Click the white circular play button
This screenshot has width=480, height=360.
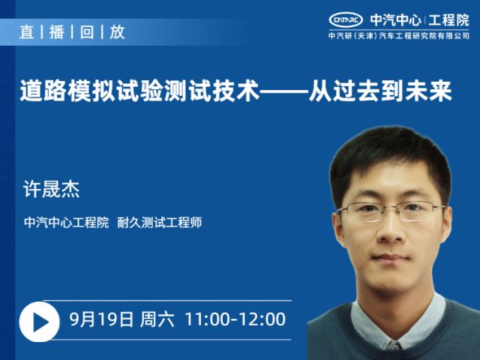(x=40, y=322)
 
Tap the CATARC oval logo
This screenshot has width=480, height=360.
(x=346, y=20)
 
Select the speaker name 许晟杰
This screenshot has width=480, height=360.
(x=52, y=189)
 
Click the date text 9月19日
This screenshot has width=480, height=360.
(x=101, y=319)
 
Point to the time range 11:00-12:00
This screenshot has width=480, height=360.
(x=235, y=319)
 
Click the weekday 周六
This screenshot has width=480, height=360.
(x=157, y=319)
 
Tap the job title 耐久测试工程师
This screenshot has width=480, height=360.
(x=160, y=223)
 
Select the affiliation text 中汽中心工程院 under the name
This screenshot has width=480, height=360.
(x=67, y=223)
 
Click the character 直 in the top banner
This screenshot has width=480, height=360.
(x=27, y=31)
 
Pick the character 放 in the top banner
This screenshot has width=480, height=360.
(x=117, y=31)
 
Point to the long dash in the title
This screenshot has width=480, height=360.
(x=283, y=91)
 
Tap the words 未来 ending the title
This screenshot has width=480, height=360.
(x=428, y=91)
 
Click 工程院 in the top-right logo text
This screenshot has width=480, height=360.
(x=448, y=20)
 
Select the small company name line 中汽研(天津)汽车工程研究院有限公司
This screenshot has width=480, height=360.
(x=399, y=36)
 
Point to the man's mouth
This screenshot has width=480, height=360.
(x=391, y=258)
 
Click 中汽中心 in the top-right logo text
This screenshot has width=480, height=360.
(x=395, y=20)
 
